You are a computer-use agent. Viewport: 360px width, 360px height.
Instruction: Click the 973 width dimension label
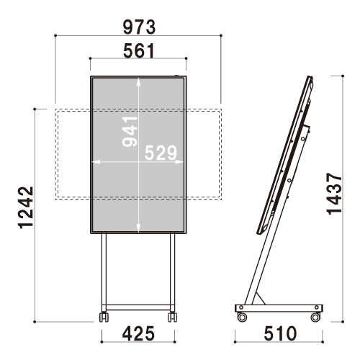click(x=139, y=27)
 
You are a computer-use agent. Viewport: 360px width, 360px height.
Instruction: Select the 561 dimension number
click(x=139, y=51)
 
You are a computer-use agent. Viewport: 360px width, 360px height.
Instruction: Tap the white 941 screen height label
click(x=130, y=132)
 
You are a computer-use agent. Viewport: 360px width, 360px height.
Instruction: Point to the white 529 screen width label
click(x=161, y=153)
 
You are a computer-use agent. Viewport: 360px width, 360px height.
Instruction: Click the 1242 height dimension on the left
click(x=26, y=207)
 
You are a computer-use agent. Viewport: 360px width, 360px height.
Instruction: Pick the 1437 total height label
click(x=334, y=194)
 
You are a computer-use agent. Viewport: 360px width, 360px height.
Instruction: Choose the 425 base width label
click(x=138, y=333)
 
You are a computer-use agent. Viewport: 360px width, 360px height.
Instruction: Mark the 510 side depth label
click(x=280, y=333)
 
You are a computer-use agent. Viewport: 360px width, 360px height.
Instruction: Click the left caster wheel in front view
click(x=104, y=317)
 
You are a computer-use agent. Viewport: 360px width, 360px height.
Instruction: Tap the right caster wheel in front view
click(x=172, y=317)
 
